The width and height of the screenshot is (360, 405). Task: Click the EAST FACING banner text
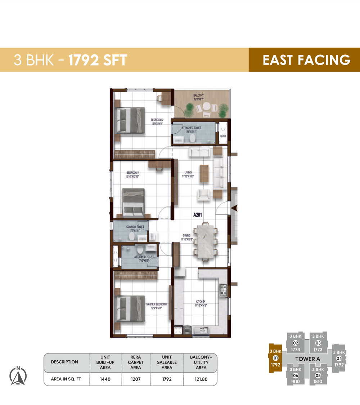click(306, 60)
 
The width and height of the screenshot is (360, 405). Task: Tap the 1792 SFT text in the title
click(98, 60)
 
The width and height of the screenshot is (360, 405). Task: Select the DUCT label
click(223, 136)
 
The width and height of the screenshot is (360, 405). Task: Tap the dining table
click(205, 241)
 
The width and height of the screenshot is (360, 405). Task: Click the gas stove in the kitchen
click(223, 290)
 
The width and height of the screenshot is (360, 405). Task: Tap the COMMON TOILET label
click(135, 227)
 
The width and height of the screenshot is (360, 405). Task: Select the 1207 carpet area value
click(135, 379)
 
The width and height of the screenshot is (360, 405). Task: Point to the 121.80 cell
click(201, 379)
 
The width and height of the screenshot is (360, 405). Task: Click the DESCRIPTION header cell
click(64, 362)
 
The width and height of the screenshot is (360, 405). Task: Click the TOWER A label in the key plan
click(307, 359)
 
